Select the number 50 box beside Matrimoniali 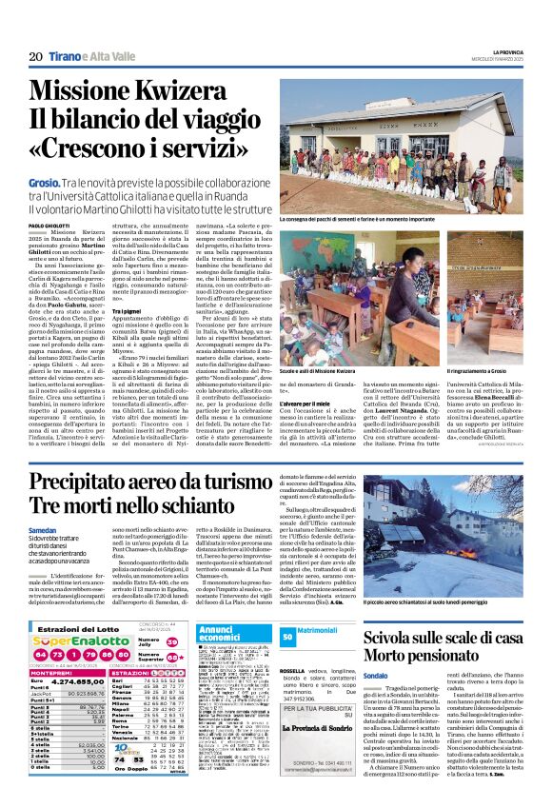[x=287, y=636]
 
